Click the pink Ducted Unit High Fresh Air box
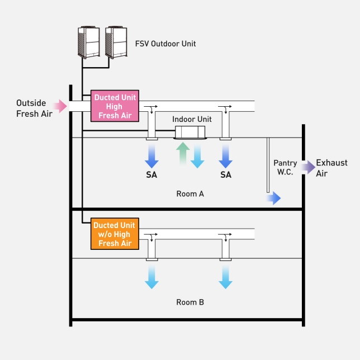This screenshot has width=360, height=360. (114, 106)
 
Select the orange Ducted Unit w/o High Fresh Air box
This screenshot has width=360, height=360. (114, 234)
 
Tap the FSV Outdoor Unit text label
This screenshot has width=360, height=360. (165, 44)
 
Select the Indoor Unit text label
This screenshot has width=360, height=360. (192, 119)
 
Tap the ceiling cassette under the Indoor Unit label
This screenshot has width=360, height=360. (191, 132)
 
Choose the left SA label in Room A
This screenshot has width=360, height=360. (151, 175)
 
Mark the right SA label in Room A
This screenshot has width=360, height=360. (226, 175)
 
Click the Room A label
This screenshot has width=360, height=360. (190, 194)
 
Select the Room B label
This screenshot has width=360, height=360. (190, 302)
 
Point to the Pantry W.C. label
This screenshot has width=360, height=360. (285, 167)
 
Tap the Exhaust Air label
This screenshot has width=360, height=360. (331, 167)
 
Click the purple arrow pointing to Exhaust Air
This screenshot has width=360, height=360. (307, 167)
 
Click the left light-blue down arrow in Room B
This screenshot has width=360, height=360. (151, 277)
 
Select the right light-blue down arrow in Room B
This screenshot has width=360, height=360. (226, 277)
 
